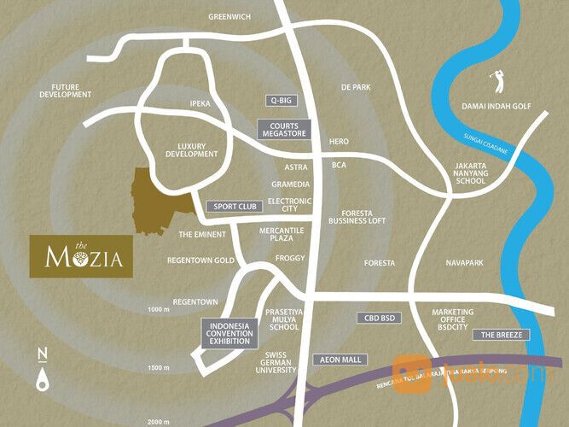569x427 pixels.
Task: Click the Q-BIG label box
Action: pyautogui.click(x=282, y=101)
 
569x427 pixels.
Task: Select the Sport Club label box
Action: pyautogui.click(x=235, y=207)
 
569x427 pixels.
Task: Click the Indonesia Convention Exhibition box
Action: pyautogui.click(x=229, y=332)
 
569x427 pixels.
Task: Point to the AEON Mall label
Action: pyautogui.click(x=340, y=360)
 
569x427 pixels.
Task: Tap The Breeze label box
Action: pyautogui.click(x=501, y=334)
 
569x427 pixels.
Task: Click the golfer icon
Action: pyautogui.click(x=496, y=82)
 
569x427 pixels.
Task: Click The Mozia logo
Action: pyautogui.click(x=81, y=254)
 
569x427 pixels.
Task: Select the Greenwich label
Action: pyautogui.click(x=230, y=16)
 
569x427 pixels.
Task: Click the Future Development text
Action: pyautogui.click(x=65, y=91)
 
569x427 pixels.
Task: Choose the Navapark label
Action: pyautogui.click(x=464, y=263)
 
